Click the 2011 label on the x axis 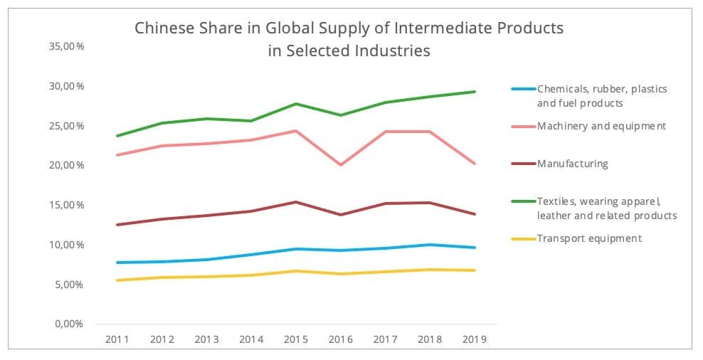(117, 339)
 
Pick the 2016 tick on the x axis (340, 339)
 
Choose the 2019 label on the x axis (475, 339)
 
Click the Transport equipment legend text (589, 238)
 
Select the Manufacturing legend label (572, 164)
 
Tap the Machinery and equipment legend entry (601, 126)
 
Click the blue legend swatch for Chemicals (522, 90)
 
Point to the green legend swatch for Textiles (522, 201)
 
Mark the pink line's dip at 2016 (341, 165)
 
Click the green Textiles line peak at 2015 (296, 104)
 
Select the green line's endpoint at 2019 (475, 92)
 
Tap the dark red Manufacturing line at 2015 (296, 202)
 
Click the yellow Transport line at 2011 (117, 280)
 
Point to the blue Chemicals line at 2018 (430, 245)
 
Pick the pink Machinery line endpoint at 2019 (475, 164)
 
